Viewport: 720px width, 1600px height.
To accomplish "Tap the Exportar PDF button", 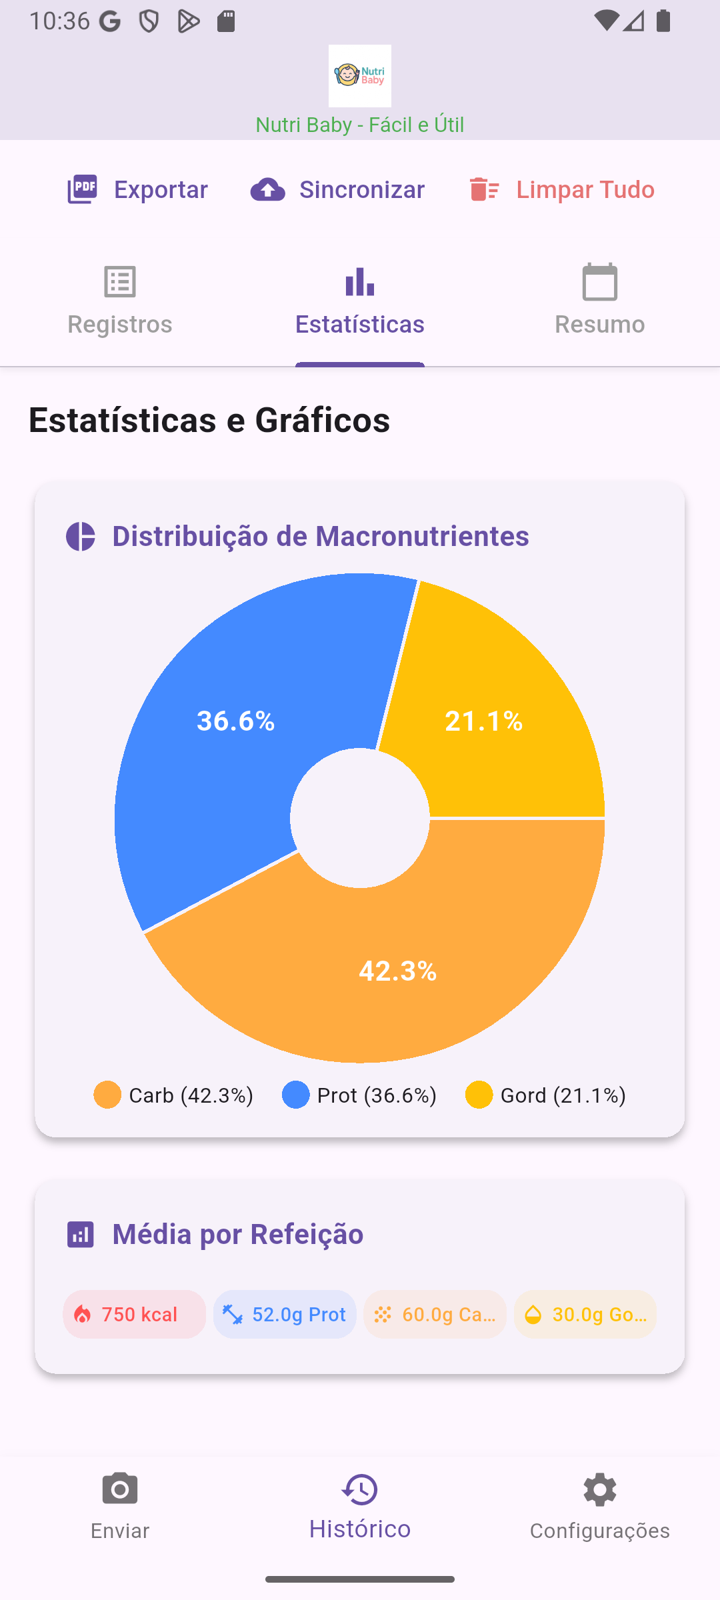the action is point(138,190).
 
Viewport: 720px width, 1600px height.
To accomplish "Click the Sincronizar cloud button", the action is point(337,190).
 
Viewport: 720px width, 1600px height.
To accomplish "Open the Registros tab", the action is point(120,300).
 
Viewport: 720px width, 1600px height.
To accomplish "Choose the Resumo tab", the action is point(600,300).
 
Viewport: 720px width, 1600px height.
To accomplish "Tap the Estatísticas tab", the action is point(360,300).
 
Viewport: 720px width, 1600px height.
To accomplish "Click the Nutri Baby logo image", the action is point(360,76).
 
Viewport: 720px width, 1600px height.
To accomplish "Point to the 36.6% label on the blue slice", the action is point(236,721).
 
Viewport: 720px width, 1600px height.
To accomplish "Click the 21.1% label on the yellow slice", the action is point(484,721).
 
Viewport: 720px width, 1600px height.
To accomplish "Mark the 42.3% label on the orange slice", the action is point(398,971).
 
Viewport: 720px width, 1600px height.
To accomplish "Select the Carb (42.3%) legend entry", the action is point(173,1095).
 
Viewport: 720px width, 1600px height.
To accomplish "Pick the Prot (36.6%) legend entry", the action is point(359,1095).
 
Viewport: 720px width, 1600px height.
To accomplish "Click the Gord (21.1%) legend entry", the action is point(545,1095).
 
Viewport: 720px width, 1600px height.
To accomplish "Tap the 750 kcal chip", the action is point(135,1314).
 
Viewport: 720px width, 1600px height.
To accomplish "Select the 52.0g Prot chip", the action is point(285,1314).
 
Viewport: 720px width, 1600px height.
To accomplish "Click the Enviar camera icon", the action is point(120,1489).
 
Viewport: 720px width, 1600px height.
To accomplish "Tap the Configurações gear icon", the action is point(600,1489).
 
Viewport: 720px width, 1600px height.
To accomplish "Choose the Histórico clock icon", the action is point(360,1489).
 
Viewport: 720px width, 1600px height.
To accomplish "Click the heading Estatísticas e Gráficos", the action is point(209,420).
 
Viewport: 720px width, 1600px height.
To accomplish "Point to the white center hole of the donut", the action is point(360,818).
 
